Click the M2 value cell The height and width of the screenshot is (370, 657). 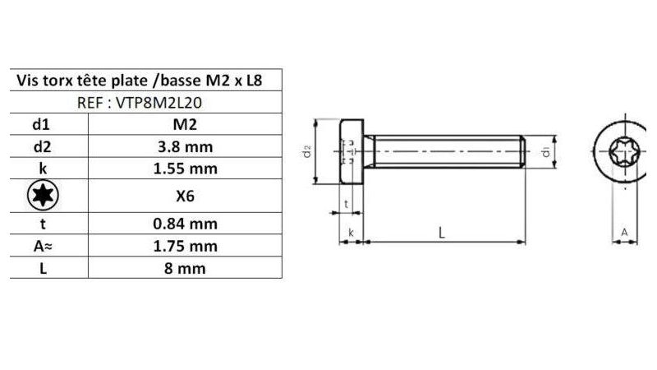click(184, 125)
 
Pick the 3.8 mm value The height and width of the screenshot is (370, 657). click(184, 147)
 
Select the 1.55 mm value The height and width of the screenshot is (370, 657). click(184, 169)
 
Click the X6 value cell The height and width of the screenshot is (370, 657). click(184, 196)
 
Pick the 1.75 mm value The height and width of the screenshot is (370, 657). click(184, 245)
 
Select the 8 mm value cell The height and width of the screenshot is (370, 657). click(184, 268)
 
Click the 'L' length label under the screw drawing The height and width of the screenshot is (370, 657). click(442, 234)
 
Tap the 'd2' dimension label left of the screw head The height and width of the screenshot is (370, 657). click(306, 153)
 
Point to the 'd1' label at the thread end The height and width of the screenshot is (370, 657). click(545, 151)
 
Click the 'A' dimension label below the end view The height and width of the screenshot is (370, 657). click(623, 234)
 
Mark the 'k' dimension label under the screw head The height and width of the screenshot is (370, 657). click(351, 234)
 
